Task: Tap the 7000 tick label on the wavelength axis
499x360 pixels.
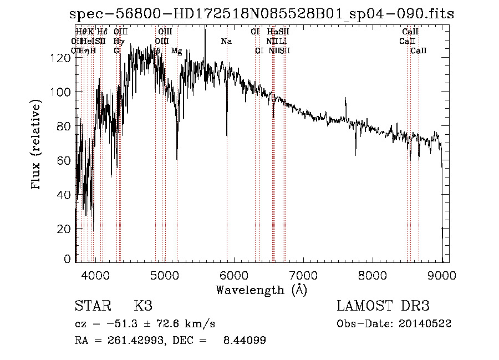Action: coord(303,274)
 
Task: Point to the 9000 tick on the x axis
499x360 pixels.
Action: coord(442,274)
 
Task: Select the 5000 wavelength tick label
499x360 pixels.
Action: coord(165,274)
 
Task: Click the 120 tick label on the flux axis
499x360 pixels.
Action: coord(64,58)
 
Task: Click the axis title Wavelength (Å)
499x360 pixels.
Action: coord(261,290)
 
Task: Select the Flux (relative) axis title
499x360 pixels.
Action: coord(37,145)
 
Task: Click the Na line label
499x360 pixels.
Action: coord(226,41)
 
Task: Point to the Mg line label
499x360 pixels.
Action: coord(177,51)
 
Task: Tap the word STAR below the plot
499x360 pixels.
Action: coord(93,307)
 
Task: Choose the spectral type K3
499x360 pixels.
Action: coord(143,307)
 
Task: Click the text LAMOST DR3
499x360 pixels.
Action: coord(383,307)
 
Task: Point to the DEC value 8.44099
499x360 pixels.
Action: coord(245,341)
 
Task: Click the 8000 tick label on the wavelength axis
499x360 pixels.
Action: coord(373,274)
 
